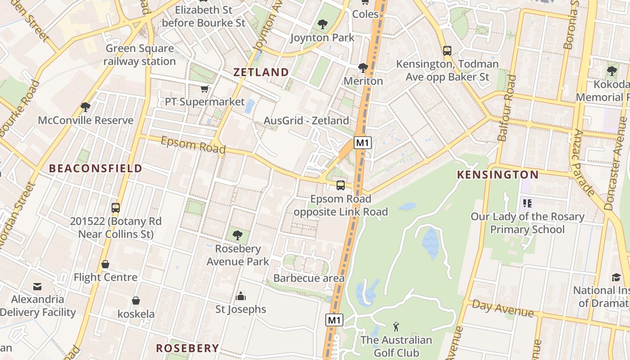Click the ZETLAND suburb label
[x=261, y=72]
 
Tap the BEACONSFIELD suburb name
[x=95, y=168]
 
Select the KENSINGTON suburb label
[x=498, y=175]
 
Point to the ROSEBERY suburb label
[x=187, y=348]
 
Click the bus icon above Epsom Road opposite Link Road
[x=341, y=185]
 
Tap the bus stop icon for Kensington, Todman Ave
[x=447, y=51]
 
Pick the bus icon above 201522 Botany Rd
[x=116, y=207]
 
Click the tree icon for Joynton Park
[x=322, y=24]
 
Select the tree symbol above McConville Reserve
[x=85, y=107]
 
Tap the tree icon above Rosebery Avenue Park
[x=237, y=235]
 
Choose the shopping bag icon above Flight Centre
[x=105, y=264]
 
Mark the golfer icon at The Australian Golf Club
[x=396, y=326]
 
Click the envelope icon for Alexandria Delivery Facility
[x=37, y=286]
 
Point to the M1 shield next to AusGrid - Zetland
[x=362, y=143]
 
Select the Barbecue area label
[x=309, y=278]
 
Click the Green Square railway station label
[x=139, y=55]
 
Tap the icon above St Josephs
[x=241, y=296]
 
